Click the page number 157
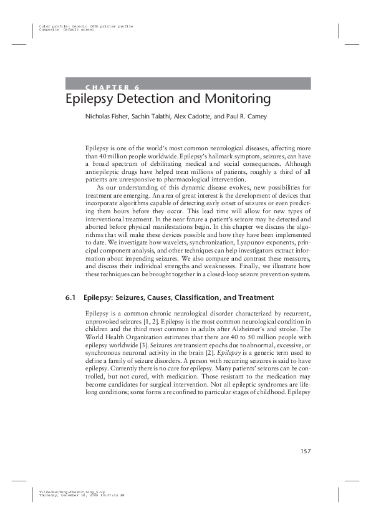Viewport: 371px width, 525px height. click(304, 451)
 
